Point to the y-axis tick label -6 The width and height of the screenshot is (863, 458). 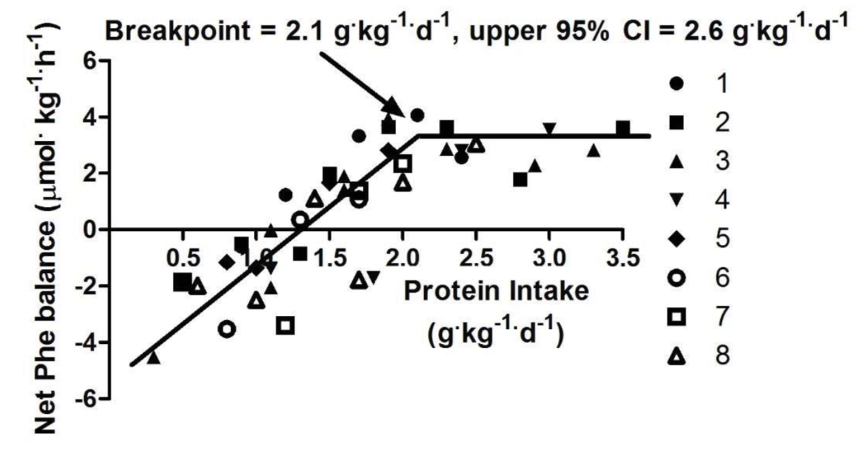[x=83, y=399]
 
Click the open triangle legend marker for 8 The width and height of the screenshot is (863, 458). [x=677, y=357]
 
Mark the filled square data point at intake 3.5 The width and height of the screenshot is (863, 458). [x=623, y=128]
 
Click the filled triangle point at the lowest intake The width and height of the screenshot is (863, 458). [x=154, y=357]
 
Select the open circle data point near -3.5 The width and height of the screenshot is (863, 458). [x=227, y=328]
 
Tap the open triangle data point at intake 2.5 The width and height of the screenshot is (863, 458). [x=476, y=144]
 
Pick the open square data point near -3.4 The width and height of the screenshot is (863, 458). [x=287, y=326]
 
